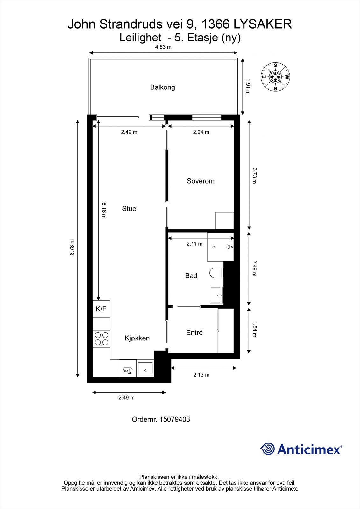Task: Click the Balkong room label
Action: [x=162, y=87]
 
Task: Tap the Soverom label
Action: [x=201, y=181]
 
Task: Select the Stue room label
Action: [x=129, y=209]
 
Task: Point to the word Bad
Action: [x=191, y=276]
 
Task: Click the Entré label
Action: [x=194, y=333]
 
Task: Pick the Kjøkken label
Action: [x=137, y=338]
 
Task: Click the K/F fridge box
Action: [x=101, y=309]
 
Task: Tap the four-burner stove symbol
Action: [x=101, y=338]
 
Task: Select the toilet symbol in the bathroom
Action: [x=216, y=273]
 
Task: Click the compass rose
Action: [x=275, y=77]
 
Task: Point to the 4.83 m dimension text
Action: [x=163, y=47]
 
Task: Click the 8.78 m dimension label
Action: [x=72, y=247]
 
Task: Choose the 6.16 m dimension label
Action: [x=104, y=210]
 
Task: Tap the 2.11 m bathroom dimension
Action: [x=194, y=244]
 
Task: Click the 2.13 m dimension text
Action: [x=201, y=375]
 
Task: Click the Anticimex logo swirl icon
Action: [x=267, y=449]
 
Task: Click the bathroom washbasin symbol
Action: [x=217, y=295]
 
